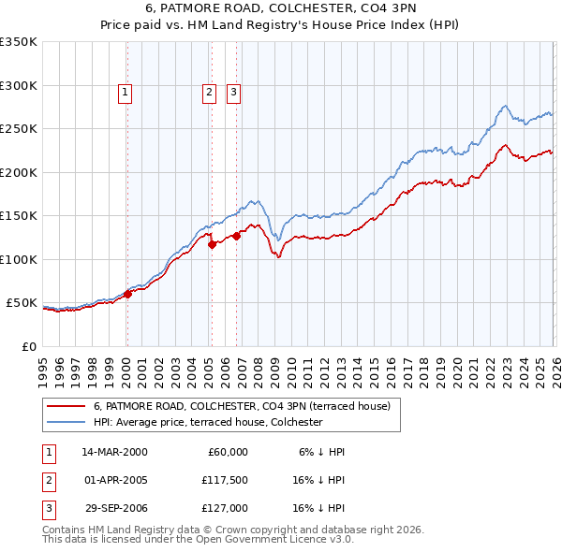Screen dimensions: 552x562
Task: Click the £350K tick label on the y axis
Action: click(19, 42)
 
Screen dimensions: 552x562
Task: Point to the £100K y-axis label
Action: click(19, 259)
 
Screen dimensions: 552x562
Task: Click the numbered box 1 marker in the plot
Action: click(125, 92)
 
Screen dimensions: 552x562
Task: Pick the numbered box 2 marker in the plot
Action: click(208, 92)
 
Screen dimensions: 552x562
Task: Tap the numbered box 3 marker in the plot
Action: click(232, 92)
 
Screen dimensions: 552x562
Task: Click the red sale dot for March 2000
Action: click(128, 294)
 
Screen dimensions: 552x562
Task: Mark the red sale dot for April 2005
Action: click(212, 244)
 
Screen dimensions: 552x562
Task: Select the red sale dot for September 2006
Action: click(237, 236)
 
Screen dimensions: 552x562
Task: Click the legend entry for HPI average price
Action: click(207, 422)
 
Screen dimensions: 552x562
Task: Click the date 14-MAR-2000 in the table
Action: click(114, 452)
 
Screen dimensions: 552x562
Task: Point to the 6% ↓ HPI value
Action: click(322, 452)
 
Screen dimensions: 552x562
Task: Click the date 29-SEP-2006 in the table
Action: click(114, 509)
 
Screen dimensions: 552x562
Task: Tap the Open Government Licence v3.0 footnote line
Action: click(199, 540)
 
